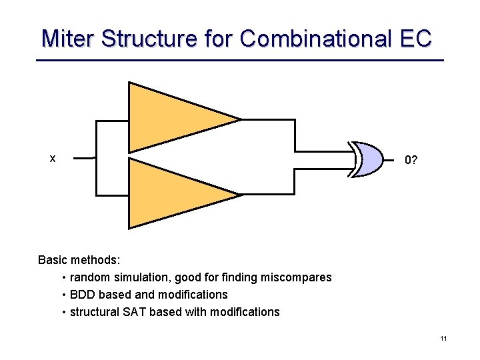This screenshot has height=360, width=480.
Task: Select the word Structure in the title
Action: (149, 38)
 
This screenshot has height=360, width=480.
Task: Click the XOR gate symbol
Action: (369, 159)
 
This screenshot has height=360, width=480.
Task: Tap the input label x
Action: (53, 159)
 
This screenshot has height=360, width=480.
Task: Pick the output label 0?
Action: (411, 160)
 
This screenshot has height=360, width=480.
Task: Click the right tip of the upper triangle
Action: (239, 120)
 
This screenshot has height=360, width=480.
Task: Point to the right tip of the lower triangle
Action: (239, 195)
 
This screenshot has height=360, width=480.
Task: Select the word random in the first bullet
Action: (90, 277)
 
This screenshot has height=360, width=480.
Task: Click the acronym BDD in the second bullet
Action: (81, 295)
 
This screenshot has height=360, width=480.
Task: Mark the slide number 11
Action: (443, 339)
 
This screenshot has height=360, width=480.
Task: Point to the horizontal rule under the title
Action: (240, 61)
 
